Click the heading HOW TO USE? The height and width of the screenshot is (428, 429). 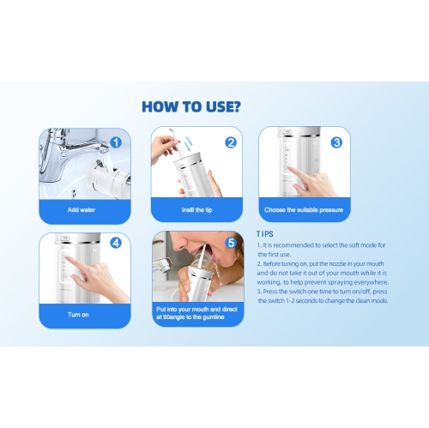(191, 106)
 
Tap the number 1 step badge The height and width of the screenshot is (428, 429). (116, 142)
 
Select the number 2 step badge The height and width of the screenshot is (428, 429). (231, 142)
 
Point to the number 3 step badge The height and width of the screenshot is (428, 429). (336, 142)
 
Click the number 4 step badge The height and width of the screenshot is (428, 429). (116, 243)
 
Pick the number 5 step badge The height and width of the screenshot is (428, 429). (231, 243)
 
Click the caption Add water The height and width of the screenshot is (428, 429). (82, 210)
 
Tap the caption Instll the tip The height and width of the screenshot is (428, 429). (196, 210)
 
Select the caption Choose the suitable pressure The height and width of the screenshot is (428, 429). (304, 210)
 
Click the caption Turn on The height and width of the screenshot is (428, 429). (78, 315)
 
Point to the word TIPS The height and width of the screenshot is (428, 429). (265, 234)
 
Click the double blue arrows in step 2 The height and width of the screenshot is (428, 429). (188, 144)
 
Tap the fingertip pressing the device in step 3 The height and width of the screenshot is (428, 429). (290, 169)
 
